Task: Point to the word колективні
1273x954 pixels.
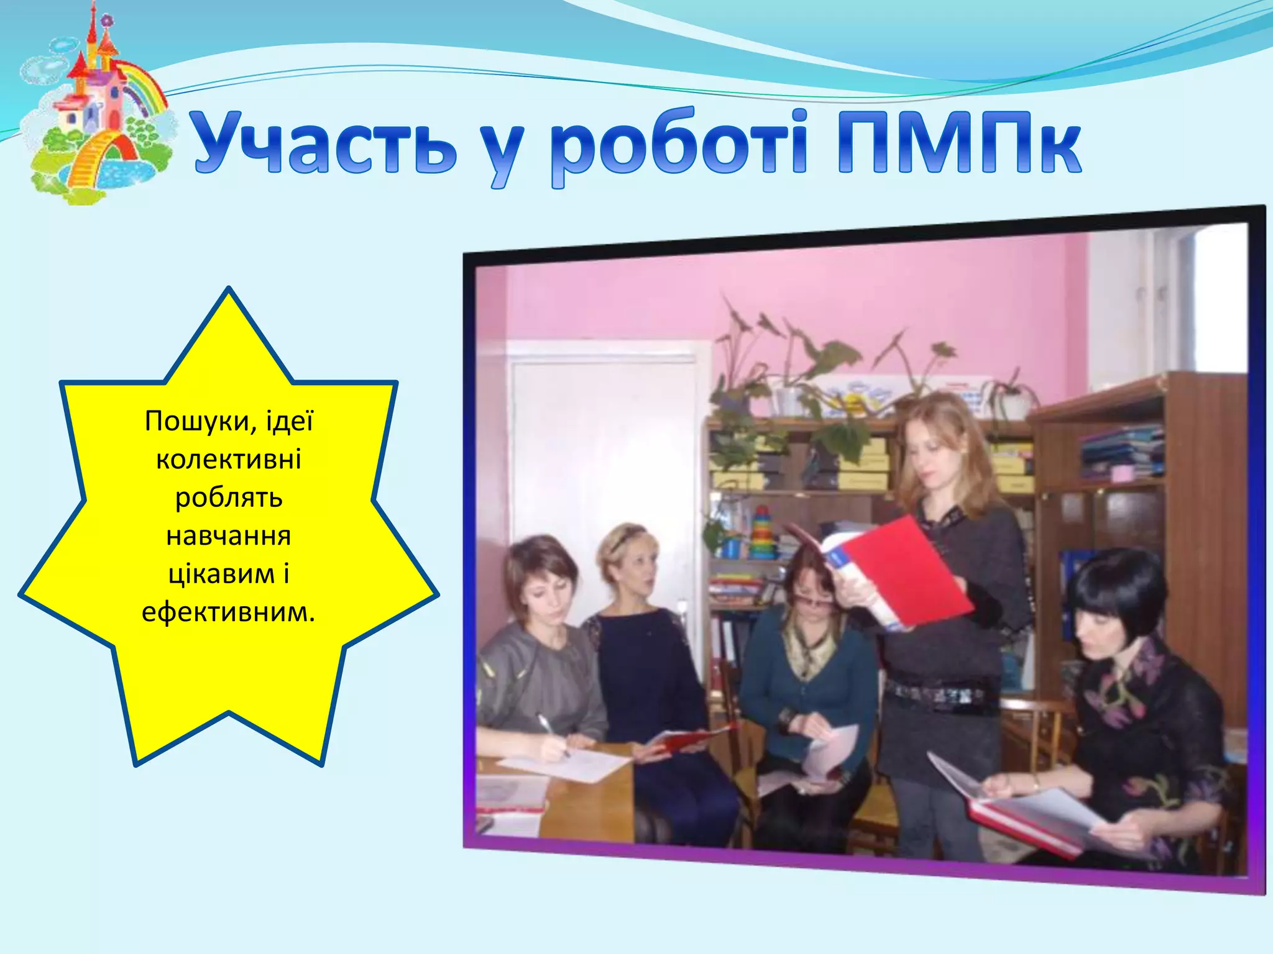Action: pyautogui.click(x=228, y=460)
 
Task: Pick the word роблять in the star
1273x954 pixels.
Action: pyautogui.click(x=228, y=498)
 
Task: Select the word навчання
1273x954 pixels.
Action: pyautogui.click(x=228, y=535)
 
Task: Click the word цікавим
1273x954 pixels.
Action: pyautogui.click(x=221, y=574)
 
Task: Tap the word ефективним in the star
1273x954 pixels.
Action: pyautogui.click(x=228, y=612)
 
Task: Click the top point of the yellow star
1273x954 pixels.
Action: pyautogui.click(x=229, y=291)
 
